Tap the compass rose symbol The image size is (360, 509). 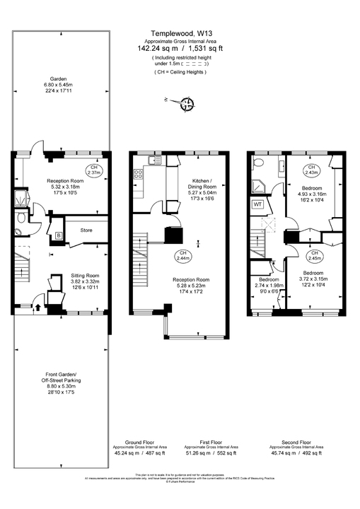pos(187,105)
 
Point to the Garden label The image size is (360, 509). pos(58,78)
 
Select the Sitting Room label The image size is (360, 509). pos(85,275)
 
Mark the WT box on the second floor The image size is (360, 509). pos(257,205)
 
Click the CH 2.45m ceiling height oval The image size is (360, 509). pos(314,255)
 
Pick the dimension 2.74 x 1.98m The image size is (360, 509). pos(265,285)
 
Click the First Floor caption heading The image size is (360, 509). pos(211,442)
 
